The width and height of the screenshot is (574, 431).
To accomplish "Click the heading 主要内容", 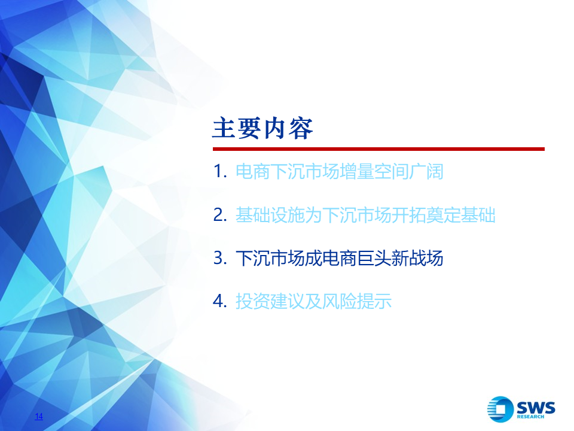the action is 262,128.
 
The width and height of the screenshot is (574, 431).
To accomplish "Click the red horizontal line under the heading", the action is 378,149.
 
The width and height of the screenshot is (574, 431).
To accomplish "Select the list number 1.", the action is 220,171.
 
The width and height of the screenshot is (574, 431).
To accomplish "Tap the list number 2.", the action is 220,215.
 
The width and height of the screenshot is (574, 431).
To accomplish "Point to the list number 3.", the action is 220,258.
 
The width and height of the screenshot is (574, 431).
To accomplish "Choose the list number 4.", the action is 220,301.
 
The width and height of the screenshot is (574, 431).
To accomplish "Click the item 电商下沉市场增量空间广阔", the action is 340,172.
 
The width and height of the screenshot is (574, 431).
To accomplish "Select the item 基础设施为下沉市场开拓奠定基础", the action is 365,215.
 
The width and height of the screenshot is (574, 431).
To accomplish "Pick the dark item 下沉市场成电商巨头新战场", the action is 340,258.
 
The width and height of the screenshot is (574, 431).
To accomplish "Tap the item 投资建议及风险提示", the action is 313,301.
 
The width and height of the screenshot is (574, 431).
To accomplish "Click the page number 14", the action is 39,417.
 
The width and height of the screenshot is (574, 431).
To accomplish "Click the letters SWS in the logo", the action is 536,408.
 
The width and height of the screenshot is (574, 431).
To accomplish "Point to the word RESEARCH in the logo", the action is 530,417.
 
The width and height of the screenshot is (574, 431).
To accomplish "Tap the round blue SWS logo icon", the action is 500,409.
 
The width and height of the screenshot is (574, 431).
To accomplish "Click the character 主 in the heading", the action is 224,128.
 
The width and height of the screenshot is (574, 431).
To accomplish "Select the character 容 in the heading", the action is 301,128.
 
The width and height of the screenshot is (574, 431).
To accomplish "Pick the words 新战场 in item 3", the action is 418,258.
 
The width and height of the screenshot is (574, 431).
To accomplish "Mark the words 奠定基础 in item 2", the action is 461,215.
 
